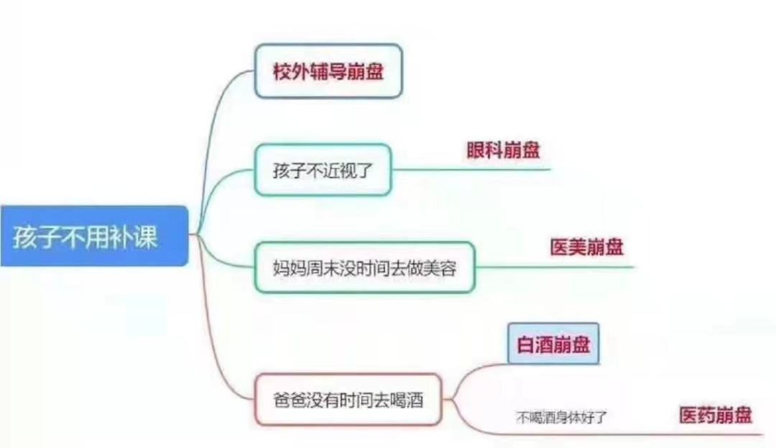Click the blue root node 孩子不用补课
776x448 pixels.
tap(93, 236)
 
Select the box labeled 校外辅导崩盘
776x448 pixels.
tap(328, 71)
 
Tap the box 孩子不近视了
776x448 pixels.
tap(323, 170)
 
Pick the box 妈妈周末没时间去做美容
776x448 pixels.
tap(365, 268)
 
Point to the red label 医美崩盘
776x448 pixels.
tap(587, 247)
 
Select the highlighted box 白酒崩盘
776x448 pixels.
tap(553, 344)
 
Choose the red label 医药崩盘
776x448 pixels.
tap(716, 415)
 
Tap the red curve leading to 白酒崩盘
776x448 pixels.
tap(467, 374)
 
